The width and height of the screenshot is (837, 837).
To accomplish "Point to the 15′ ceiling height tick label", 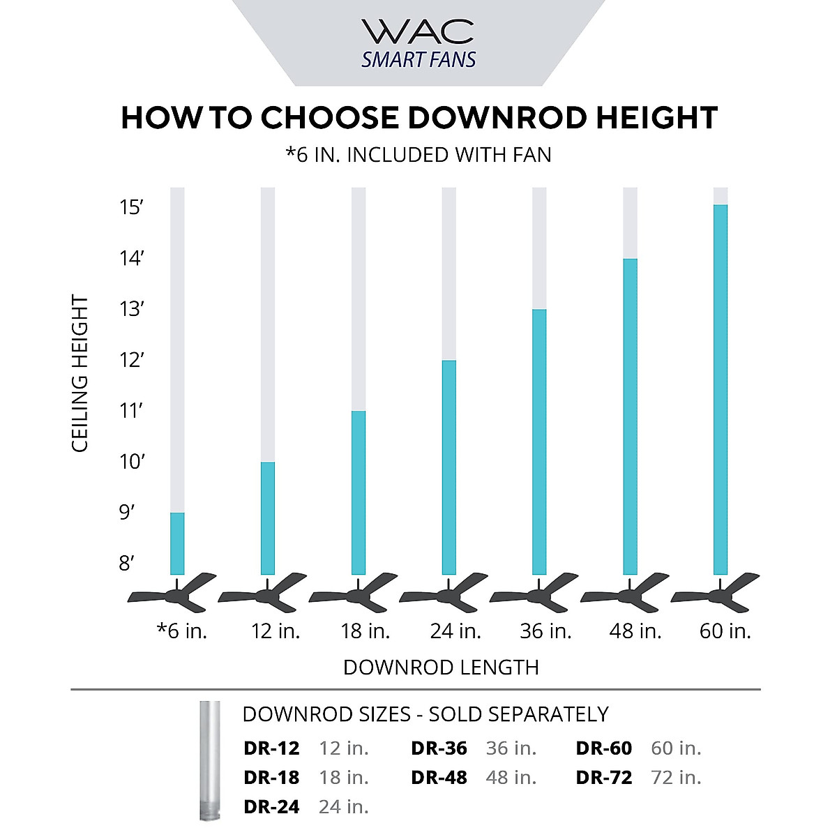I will [131, 207].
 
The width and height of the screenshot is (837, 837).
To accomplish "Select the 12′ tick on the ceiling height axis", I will [131, 360].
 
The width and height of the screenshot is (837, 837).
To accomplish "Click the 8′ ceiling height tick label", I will [126, 563].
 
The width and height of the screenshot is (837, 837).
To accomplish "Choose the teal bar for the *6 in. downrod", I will [177, 543].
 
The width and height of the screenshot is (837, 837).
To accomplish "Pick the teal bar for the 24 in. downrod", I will [449, 467].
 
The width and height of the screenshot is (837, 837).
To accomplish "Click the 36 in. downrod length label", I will [545, 631].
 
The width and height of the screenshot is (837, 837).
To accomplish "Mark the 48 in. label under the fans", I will [635, 631].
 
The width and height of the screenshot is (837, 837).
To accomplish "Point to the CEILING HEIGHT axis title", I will [80, 374].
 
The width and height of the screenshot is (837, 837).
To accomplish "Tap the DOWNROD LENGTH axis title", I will [441, 668].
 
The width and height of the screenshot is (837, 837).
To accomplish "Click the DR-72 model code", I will [604, 778].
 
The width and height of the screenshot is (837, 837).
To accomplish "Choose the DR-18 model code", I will [271, 778].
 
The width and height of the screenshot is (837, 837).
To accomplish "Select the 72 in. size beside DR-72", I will [676, 778].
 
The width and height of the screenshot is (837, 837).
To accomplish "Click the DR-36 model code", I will [439, 748].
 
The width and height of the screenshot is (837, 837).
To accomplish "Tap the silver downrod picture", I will [209, 760].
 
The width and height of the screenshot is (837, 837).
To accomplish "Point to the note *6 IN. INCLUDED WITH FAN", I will [418, 155].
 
